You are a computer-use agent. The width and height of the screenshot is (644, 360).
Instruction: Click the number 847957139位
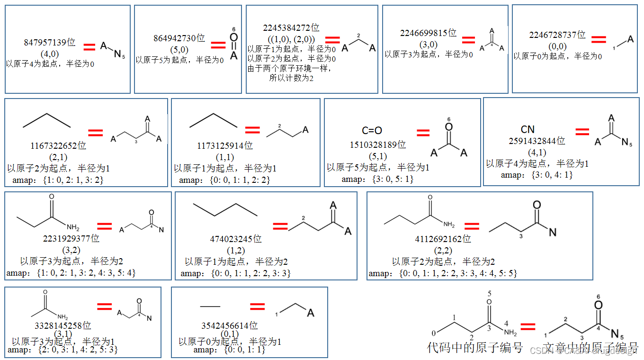point(50,43)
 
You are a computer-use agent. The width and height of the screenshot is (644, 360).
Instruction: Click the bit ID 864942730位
point(179,38)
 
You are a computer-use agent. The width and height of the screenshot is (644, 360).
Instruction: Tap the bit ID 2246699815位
point(428,33)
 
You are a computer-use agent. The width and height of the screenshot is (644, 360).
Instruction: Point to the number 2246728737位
point(557,35)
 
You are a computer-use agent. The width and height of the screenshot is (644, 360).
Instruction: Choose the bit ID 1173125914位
point(225,146)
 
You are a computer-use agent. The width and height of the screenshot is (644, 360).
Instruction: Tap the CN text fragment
point(528,129)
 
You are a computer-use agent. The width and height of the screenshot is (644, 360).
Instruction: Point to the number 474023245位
point(236,239)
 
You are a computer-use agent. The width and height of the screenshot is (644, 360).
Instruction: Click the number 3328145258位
point(63,326)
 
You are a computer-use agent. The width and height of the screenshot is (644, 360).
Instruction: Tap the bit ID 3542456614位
point(230,326)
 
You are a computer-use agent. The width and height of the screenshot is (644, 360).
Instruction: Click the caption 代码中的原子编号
point(475,348)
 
